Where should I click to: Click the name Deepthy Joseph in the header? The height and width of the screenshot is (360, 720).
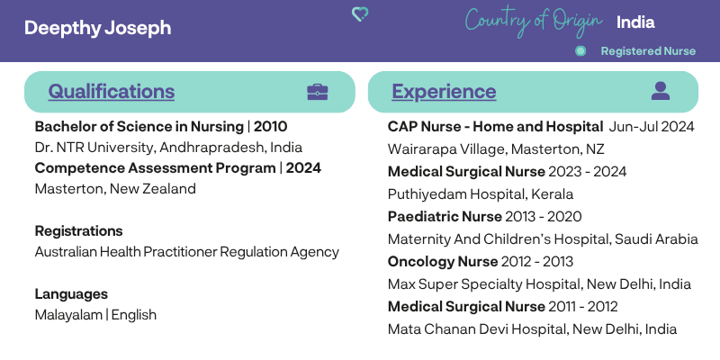pos(98,28)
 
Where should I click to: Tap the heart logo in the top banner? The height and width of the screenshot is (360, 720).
pos(360,14)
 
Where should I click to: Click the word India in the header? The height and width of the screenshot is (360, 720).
pos(635,22)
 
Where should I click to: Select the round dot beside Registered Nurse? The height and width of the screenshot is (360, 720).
pos(580,51)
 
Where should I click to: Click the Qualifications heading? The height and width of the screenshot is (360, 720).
pos(111,92)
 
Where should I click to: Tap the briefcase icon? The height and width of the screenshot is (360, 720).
pos(318,92)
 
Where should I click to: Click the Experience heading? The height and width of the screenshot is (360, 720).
pos(444,92)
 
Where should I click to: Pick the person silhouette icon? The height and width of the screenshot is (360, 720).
pos(661,91)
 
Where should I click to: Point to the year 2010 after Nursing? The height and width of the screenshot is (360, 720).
pos(271,126)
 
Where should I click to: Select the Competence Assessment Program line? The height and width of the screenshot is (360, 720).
pos(177,168)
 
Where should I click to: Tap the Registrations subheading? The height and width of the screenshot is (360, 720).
pos(78,231)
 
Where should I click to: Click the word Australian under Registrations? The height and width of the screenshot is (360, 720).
pos(66,252)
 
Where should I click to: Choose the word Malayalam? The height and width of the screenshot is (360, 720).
pos(68,315)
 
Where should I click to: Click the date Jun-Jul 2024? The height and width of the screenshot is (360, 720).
pos(651,126)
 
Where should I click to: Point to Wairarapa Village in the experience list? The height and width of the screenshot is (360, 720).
pos(447,149)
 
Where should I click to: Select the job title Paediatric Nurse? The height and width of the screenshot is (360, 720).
pos(445,216)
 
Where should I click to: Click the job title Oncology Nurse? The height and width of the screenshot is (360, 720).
pos(443,262)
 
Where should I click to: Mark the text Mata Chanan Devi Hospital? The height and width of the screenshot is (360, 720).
pos(477,329)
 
